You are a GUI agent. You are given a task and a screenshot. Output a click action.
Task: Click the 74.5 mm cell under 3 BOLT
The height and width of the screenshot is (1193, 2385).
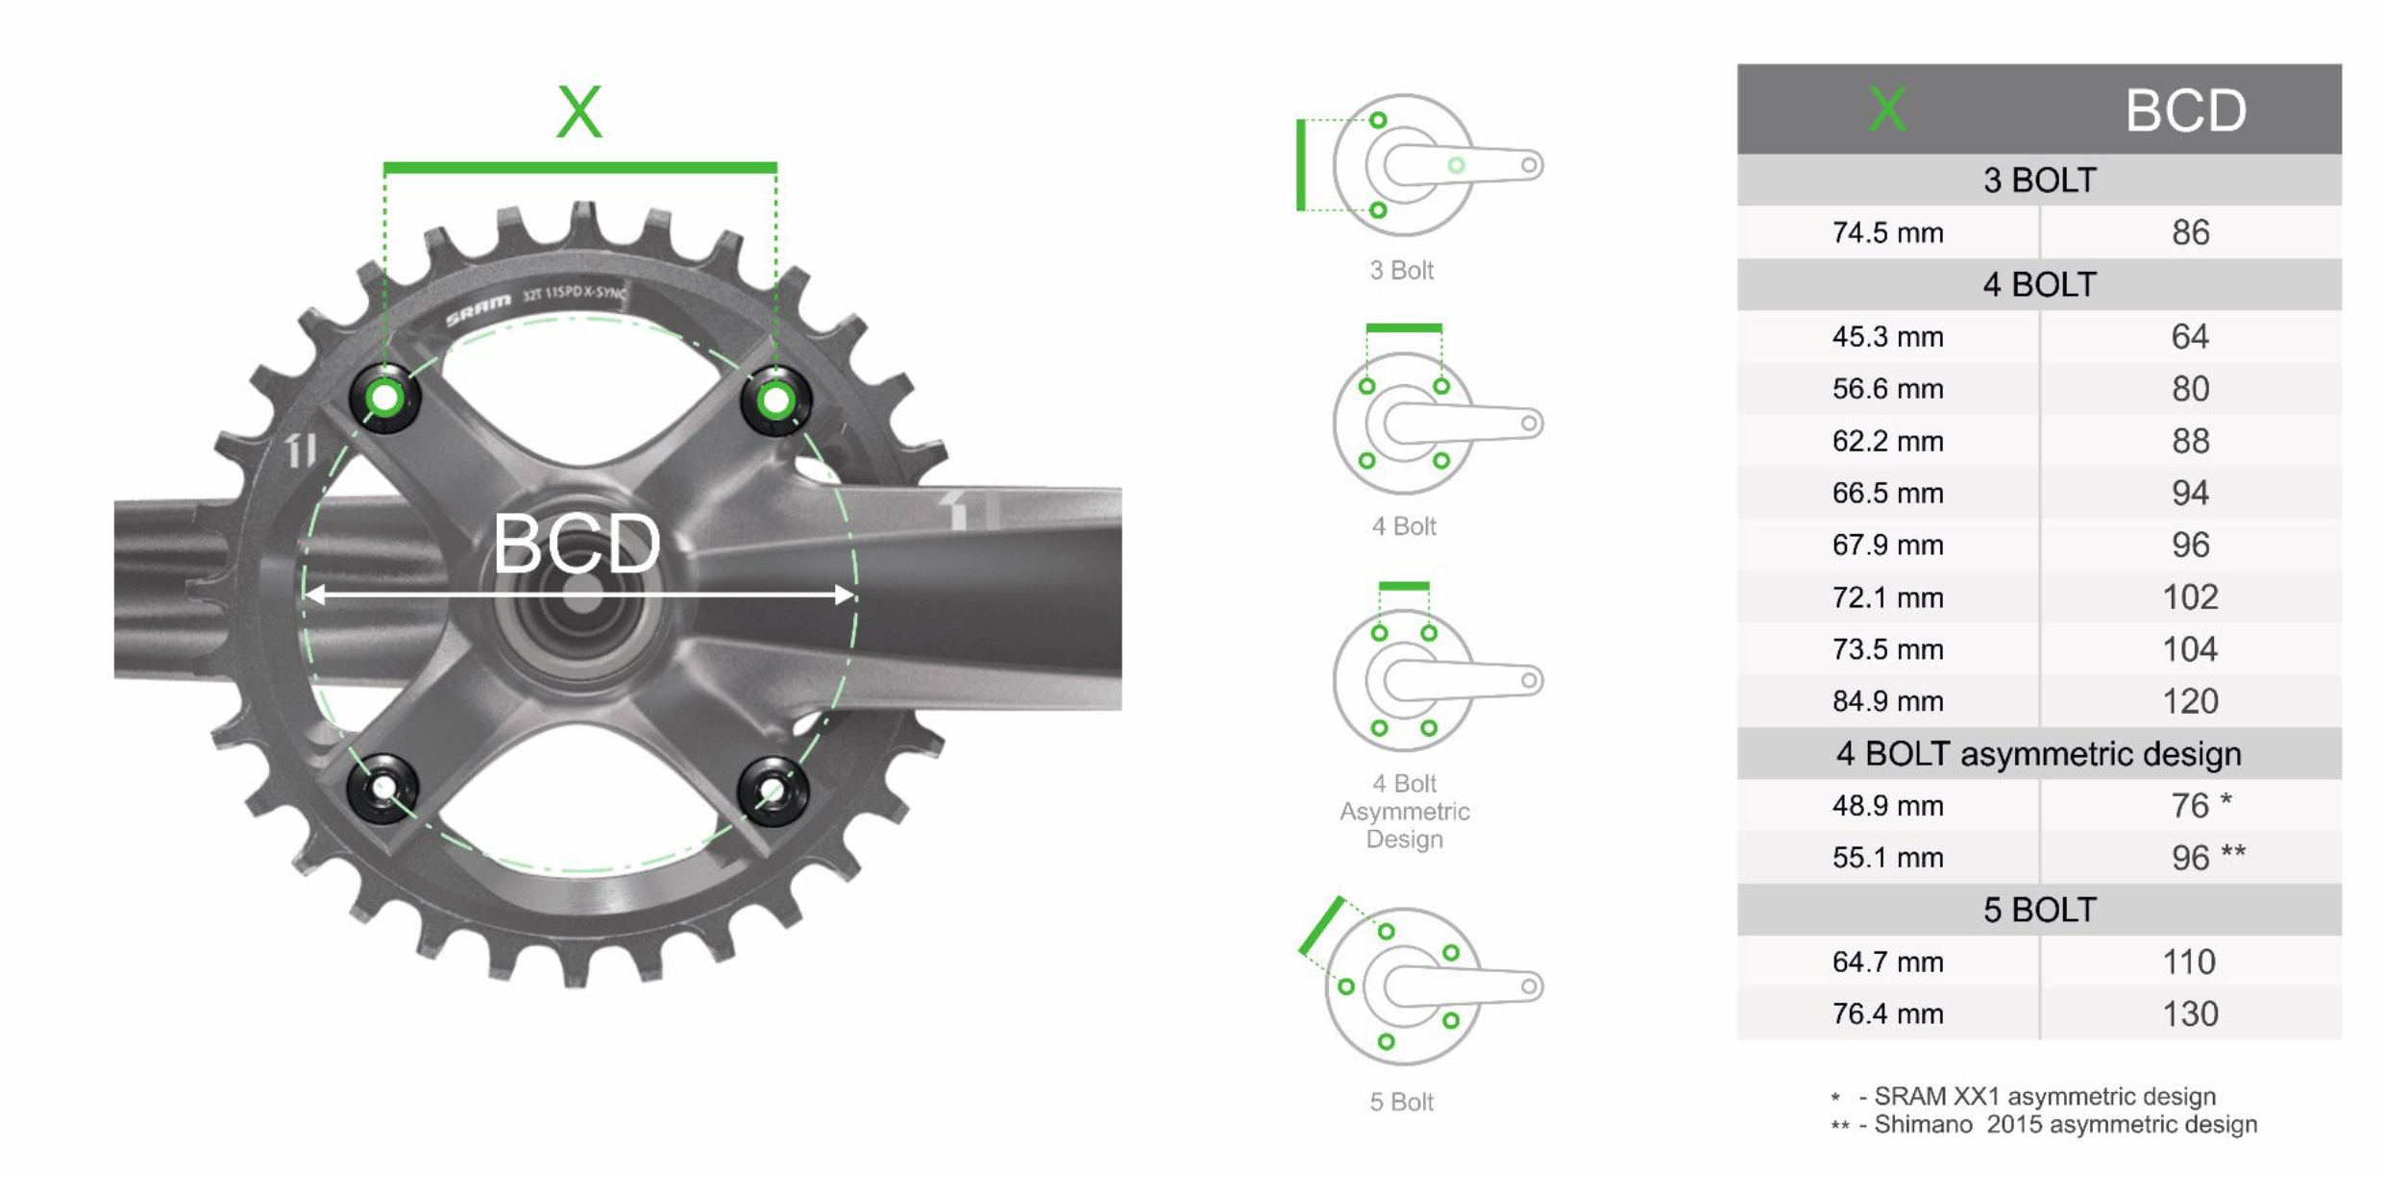point(1887,232)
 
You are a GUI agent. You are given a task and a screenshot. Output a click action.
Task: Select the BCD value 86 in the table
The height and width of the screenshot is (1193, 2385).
point(2190,232)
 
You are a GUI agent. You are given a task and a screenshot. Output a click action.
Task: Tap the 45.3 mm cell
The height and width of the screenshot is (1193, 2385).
point(1887,337)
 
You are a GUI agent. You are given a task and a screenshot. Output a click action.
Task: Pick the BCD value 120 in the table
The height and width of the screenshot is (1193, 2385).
point(2190,701)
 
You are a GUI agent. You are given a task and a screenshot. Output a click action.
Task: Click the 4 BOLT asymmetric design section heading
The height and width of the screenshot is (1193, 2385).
point(2038,754)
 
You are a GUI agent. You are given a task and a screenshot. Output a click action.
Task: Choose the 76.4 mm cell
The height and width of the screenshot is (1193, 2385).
point(1887,1013)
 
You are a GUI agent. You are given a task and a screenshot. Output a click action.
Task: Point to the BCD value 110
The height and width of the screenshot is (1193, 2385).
point(2189,962)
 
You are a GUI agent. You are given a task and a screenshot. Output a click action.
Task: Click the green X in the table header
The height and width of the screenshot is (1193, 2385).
point(1887,109)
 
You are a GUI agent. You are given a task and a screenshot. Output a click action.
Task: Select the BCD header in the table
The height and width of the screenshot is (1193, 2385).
point(2185,110)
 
